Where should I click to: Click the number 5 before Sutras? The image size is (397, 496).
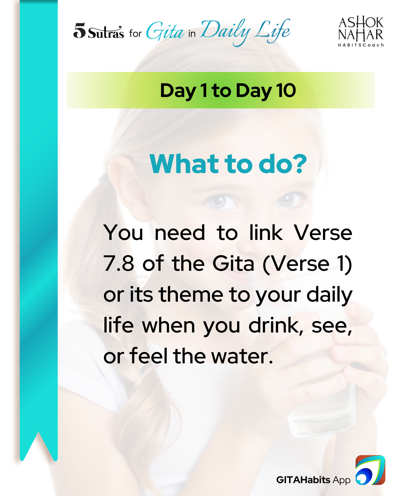point(79,30)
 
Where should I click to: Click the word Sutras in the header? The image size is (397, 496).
point(105,32)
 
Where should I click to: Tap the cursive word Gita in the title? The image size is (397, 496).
point(165,31)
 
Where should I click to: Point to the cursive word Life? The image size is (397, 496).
point(272,31)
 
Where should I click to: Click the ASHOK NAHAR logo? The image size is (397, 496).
point(361,32)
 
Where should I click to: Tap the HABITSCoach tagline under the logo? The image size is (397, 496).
point(361,45)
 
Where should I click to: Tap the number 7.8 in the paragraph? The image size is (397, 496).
point(119,263)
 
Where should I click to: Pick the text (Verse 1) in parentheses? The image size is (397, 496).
point(307,264)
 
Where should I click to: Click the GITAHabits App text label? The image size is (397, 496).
point(313,480)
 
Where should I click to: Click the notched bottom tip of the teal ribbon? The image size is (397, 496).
point(38,433)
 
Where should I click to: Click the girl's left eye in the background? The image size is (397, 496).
point(287,199)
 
